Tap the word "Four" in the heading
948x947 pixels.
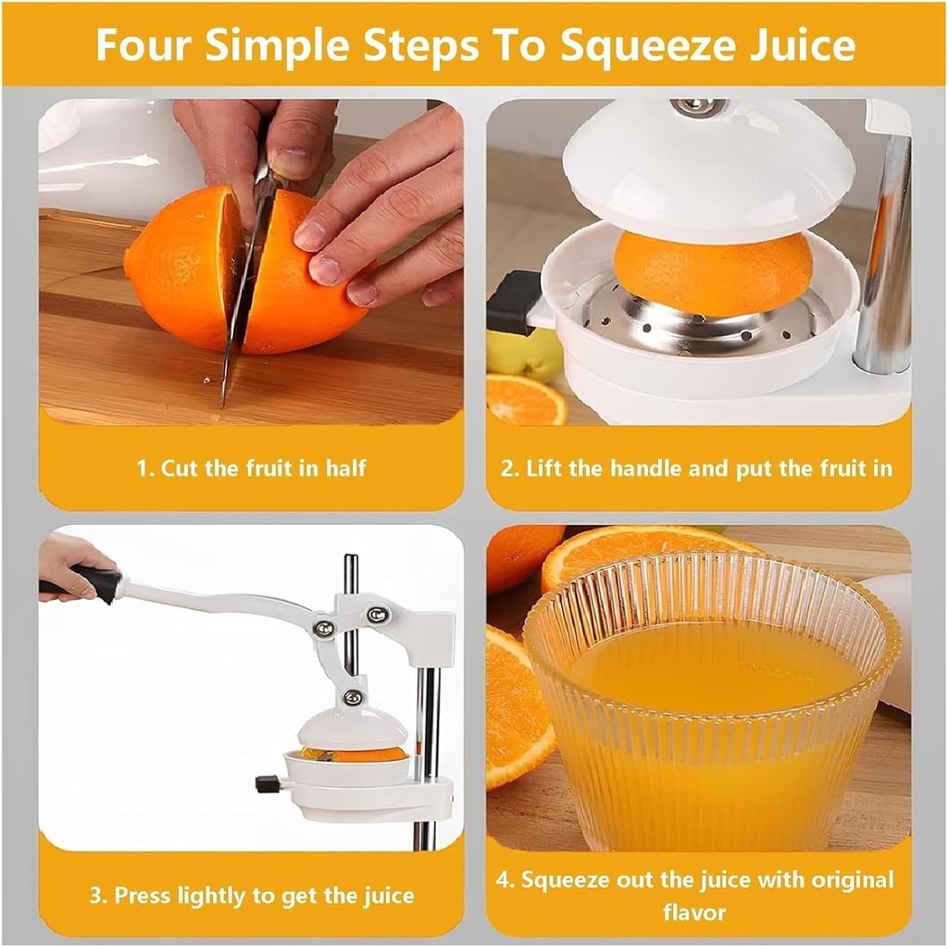143,45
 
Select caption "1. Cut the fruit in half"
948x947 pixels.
251,467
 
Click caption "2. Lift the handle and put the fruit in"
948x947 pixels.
696,467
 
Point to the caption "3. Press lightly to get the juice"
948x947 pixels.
251,895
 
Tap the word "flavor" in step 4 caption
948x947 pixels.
694,912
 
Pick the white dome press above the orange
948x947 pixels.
708,171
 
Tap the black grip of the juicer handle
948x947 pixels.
96,584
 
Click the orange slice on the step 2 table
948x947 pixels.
525,400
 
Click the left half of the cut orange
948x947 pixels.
181,268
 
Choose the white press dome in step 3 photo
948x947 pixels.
351,727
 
